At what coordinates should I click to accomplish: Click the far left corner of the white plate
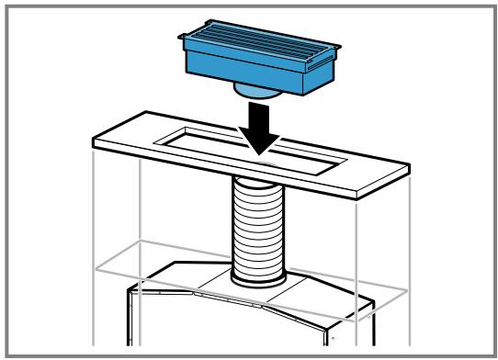93,141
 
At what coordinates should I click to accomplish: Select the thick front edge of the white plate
230,174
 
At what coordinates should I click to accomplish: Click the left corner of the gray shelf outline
95,267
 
